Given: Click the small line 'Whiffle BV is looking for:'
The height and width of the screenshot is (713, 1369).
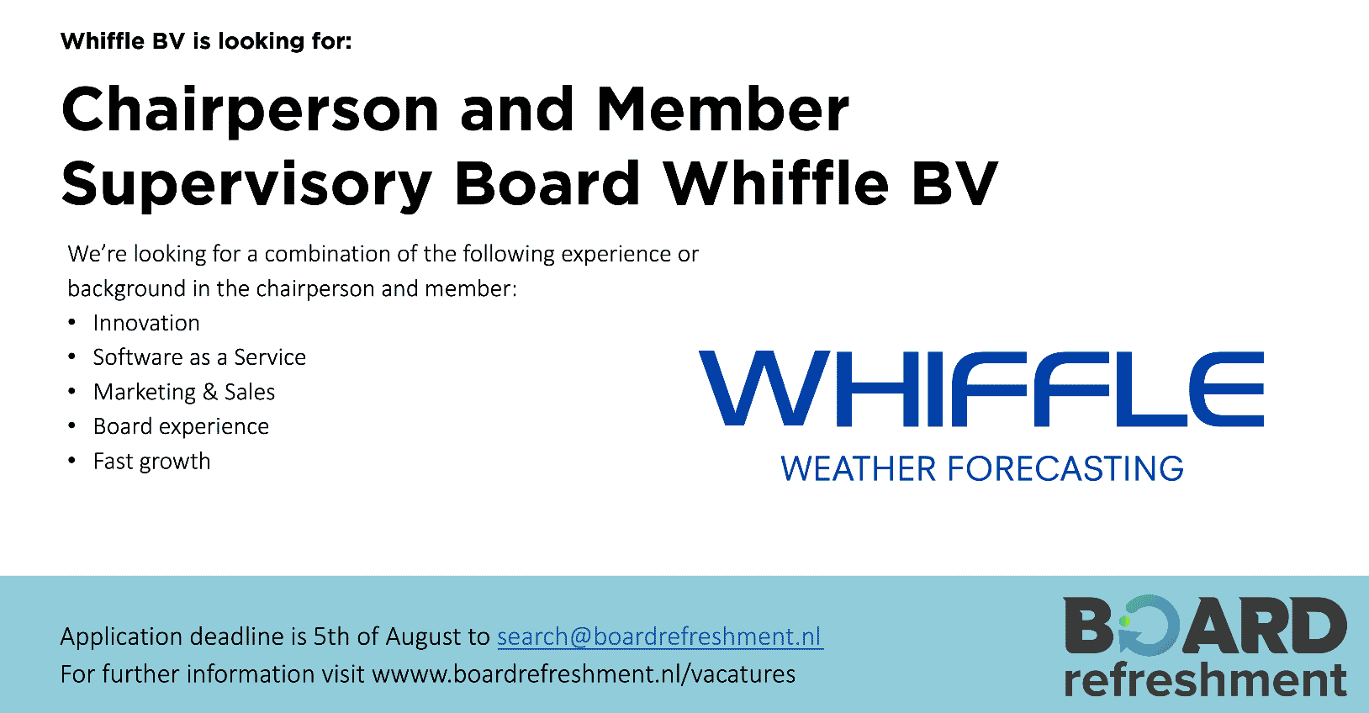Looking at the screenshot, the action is pos(206,41).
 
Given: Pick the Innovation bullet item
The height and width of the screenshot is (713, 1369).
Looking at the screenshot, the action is pos(146,323).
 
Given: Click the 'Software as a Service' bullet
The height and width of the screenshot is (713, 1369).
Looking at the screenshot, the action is pos(199,357).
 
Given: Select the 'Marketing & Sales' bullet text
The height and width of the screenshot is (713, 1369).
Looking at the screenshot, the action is pos(184,393).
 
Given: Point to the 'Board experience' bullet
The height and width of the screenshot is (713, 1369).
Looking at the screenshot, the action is pos(181,426).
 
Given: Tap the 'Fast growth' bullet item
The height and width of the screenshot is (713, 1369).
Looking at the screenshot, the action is pos(151,462).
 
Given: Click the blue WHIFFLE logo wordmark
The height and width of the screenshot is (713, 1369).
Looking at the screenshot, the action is pos(980,388).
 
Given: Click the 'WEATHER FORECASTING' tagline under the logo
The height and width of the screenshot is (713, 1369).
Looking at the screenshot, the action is pos(982,468).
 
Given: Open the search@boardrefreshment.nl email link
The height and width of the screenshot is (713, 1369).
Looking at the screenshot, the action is pos(660,636).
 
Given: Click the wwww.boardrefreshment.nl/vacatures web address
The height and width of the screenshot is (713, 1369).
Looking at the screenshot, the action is pos(584,674).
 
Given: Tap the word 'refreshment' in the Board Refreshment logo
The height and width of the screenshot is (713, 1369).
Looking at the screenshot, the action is pos(1205,679).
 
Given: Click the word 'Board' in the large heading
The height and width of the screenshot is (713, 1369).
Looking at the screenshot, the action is pos(547,182).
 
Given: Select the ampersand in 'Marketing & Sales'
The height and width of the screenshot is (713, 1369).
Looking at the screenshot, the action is pos(210,393).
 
